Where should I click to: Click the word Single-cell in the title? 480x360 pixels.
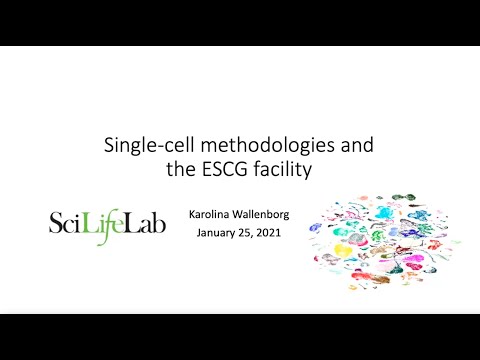pos(141,146)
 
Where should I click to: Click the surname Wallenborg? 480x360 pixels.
pos(261,213)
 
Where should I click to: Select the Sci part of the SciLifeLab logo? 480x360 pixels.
pos(69,221)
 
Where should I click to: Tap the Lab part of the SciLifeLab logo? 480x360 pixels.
pos(147,221)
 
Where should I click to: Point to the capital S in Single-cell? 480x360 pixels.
pos(109,146)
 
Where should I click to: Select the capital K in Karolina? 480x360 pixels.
pos(192,213)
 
